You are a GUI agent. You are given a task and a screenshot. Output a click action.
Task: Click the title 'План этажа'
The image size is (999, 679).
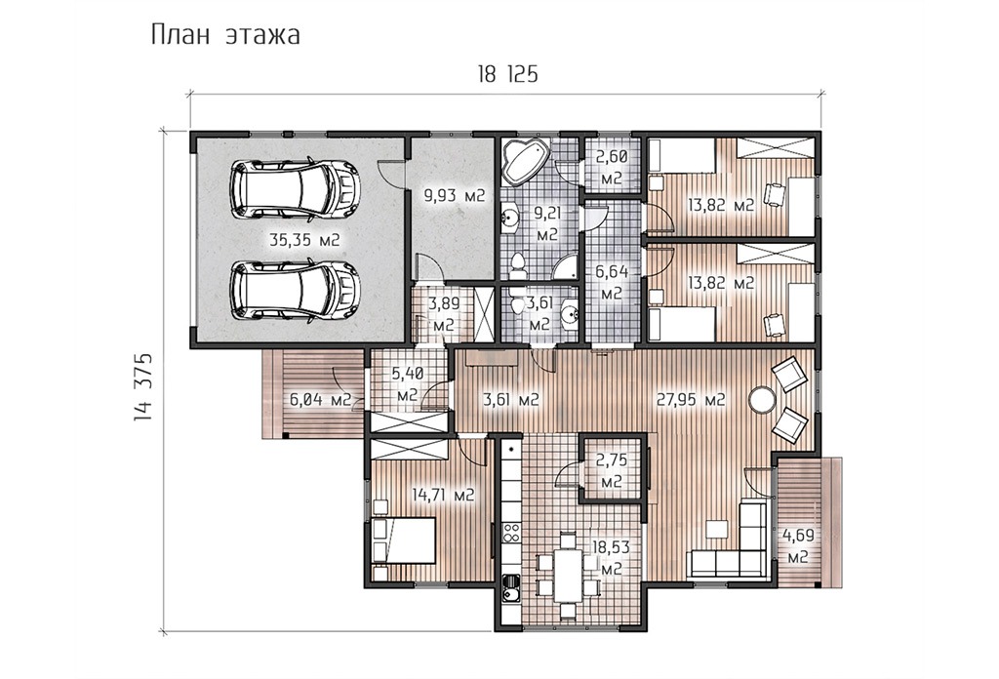225,35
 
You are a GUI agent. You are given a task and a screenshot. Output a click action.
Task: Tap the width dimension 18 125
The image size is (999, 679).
507,74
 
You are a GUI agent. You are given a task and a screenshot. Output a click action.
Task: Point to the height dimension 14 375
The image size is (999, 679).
142,386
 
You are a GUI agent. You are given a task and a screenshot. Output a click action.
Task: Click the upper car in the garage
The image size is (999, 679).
295,190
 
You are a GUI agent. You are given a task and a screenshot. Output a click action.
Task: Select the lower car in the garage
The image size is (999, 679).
295,290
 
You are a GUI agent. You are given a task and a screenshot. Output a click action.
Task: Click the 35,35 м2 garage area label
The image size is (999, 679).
304,240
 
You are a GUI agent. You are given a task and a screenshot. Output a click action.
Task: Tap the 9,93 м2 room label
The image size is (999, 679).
455,195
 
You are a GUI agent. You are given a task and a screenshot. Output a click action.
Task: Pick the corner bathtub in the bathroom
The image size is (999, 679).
526,162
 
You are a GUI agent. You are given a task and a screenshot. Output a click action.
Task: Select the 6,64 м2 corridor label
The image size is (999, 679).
612,283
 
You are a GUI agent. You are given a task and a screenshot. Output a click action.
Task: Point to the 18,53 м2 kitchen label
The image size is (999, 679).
611,557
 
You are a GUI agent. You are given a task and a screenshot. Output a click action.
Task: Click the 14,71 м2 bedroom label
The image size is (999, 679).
443,495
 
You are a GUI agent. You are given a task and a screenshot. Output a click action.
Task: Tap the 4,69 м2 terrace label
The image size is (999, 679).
798,545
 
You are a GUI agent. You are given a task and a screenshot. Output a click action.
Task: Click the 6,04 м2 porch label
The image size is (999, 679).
320,400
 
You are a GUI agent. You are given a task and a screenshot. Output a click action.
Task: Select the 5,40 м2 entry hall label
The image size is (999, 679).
408,384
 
